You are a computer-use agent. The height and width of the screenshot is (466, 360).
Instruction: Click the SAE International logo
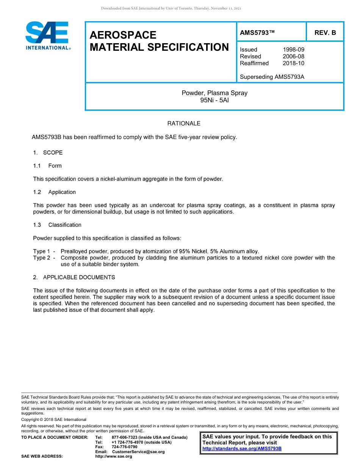pyautogui.click(x=47, y=36)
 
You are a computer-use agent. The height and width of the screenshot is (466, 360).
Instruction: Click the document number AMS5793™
pyautogui.click(x=257, y=33)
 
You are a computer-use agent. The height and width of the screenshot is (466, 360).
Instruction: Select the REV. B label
pyautogui.click(x=325, y=33)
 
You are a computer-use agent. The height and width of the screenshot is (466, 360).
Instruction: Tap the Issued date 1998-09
pyautogui.click(x=293, y=50)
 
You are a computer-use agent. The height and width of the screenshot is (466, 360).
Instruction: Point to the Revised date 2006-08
pyautogui.click(x=293, y=56)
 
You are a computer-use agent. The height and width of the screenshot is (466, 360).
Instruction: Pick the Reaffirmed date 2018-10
pyautogui.click(x=293, y=63)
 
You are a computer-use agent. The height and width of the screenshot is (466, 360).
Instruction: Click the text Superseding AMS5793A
pyautogui.click(x=272, y=77)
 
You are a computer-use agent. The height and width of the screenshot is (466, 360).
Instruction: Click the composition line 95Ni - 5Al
pyautogui.click(x=214, y=100)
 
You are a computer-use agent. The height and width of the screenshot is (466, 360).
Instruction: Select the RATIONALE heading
pyautogui.click(x=184, y=124)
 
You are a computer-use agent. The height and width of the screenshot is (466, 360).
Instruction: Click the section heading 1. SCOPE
pyautogui.click(x=48, y=153)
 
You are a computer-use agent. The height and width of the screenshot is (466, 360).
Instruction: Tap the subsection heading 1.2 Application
pyautogui.click(x=55, y=192)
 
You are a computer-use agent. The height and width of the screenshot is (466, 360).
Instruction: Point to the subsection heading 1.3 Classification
pyautogui.click(x=57, y=225)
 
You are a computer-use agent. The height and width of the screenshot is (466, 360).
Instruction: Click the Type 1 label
pyautogui.click(x=42, y=251)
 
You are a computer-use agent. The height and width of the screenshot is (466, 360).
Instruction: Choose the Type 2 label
pyautogui.click(x=42, y=258)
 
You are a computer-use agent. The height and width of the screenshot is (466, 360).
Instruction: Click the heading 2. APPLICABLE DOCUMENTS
pyautogui.click(x=74, y=277)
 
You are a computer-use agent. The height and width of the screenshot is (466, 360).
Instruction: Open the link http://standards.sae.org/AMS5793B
pyautogui.click(x=242, y=449)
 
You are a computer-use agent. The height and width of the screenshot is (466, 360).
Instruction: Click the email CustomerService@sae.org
pyautogui.click(x=138, y=452)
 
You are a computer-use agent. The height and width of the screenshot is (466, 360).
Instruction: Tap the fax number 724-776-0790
pyautogui.click(x=124, y=447)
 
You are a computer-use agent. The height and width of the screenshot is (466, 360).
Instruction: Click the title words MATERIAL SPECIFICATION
pyautogui.click(x=159, y=47)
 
